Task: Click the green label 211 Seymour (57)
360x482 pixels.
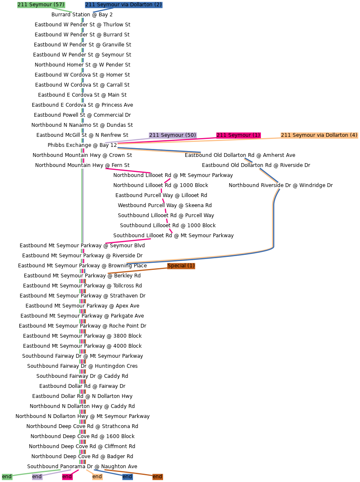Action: click(x=41, y=5)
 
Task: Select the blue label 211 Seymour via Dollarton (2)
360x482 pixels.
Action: click(x=123, y=5)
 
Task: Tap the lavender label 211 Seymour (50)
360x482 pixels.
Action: click(x=173, y=135)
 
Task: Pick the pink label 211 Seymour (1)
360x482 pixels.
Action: click(x=238, y=135)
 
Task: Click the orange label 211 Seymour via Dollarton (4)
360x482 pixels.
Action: click(x=319, y=135)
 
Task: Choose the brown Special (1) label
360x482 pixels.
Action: click(x=181, y=266)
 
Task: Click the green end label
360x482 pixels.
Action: click(x=7, y=477)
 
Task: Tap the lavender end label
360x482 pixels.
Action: click(x=37, y=477)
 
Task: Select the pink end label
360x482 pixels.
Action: click(x=67, y=477)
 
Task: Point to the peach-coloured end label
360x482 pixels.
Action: click(x=97, y=477)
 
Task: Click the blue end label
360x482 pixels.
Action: click(x=127, y=477)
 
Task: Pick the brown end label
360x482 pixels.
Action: click(x=157, y=477)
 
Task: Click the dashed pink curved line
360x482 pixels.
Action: click(x=164, y=205)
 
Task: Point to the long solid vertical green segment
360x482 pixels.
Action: click(x=82, y=205)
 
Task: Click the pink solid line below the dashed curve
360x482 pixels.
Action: click(x=128, y=241)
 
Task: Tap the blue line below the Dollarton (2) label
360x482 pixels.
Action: click(x=103, y=10)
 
